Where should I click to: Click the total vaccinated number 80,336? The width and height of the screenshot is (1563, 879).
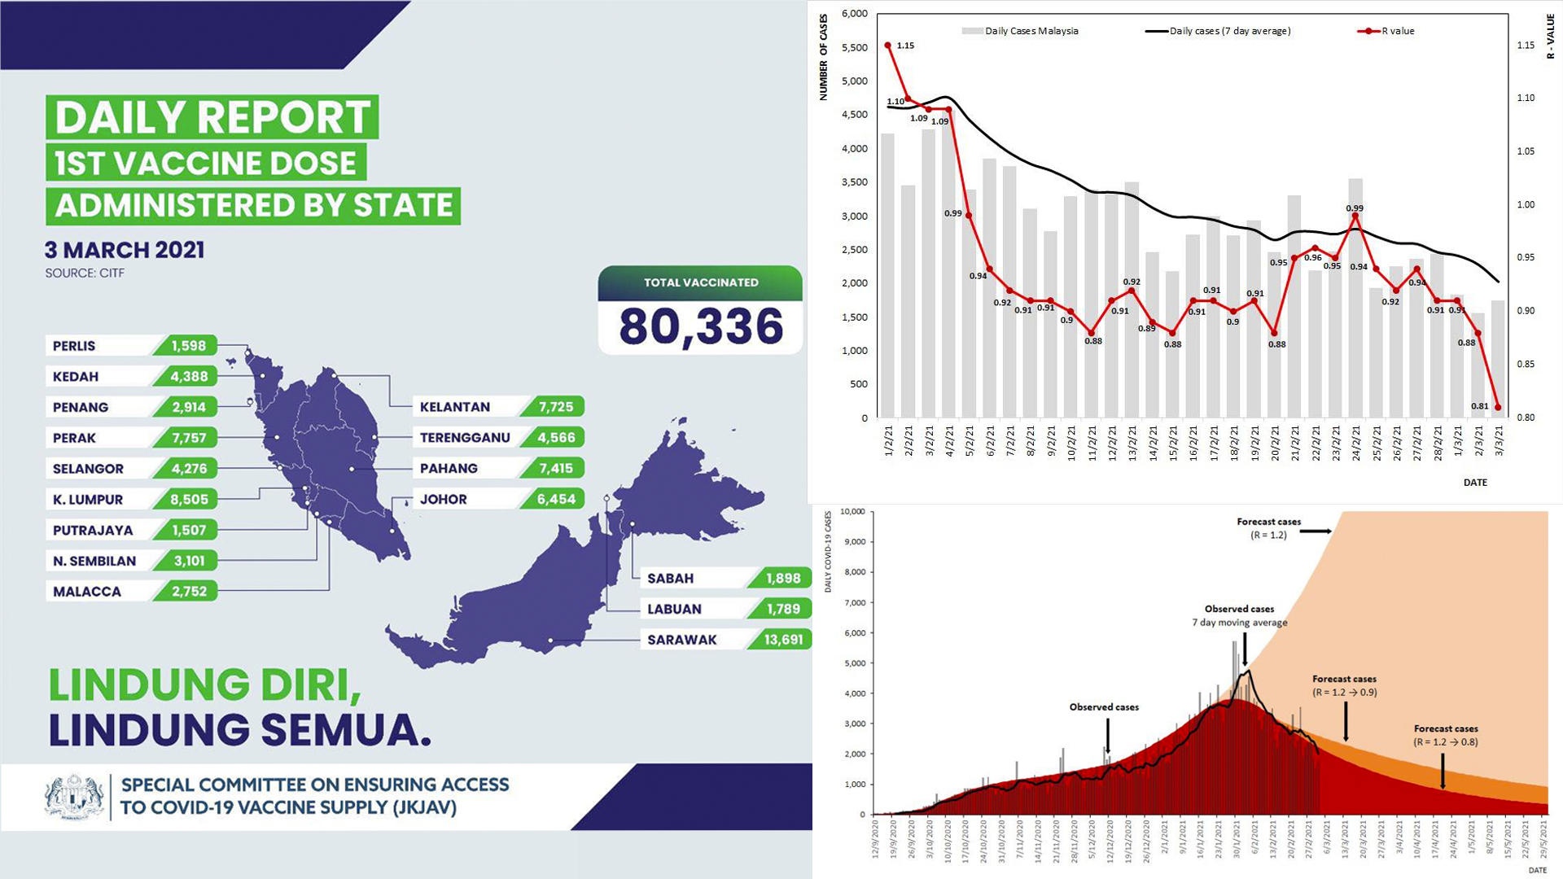pos(701,326)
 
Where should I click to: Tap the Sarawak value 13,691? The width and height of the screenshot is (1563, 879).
pos(783,640)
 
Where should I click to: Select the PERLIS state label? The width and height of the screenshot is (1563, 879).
pos(74,346)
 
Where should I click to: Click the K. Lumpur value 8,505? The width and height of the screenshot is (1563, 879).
pos(189,500)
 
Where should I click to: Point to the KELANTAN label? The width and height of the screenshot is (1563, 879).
pos(455,407)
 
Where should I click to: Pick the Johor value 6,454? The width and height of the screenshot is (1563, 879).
pos(556,500)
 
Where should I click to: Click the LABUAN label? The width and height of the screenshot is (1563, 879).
pos(674,609)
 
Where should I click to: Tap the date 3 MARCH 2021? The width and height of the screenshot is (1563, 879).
pos(125,250)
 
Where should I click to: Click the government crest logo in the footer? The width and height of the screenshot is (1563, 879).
pos(75,797)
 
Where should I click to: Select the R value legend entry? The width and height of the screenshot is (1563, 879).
pos(1387,31)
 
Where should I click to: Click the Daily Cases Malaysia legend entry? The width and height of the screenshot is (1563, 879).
pos(1021,31)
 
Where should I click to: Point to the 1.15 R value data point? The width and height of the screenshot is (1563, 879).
pos(887,46)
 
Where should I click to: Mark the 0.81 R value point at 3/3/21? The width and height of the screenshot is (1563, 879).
pos(1498,408)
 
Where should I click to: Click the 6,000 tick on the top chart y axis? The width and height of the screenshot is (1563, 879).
pos(854,14)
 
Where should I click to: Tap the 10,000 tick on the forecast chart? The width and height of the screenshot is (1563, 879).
pos(852,512)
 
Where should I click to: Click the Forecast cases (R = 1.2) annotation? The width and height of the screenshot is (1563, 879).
pos(1268,528)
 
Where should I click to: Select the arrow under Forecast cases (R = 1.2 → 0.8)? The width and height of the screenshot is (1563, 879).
pos(1443,770)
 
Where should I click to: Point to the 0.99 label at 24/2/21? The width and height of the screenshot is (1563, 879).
pos(1355,208)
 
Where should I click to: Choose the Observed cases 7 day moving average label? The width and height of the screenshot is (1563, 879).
pos(1239,615)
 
